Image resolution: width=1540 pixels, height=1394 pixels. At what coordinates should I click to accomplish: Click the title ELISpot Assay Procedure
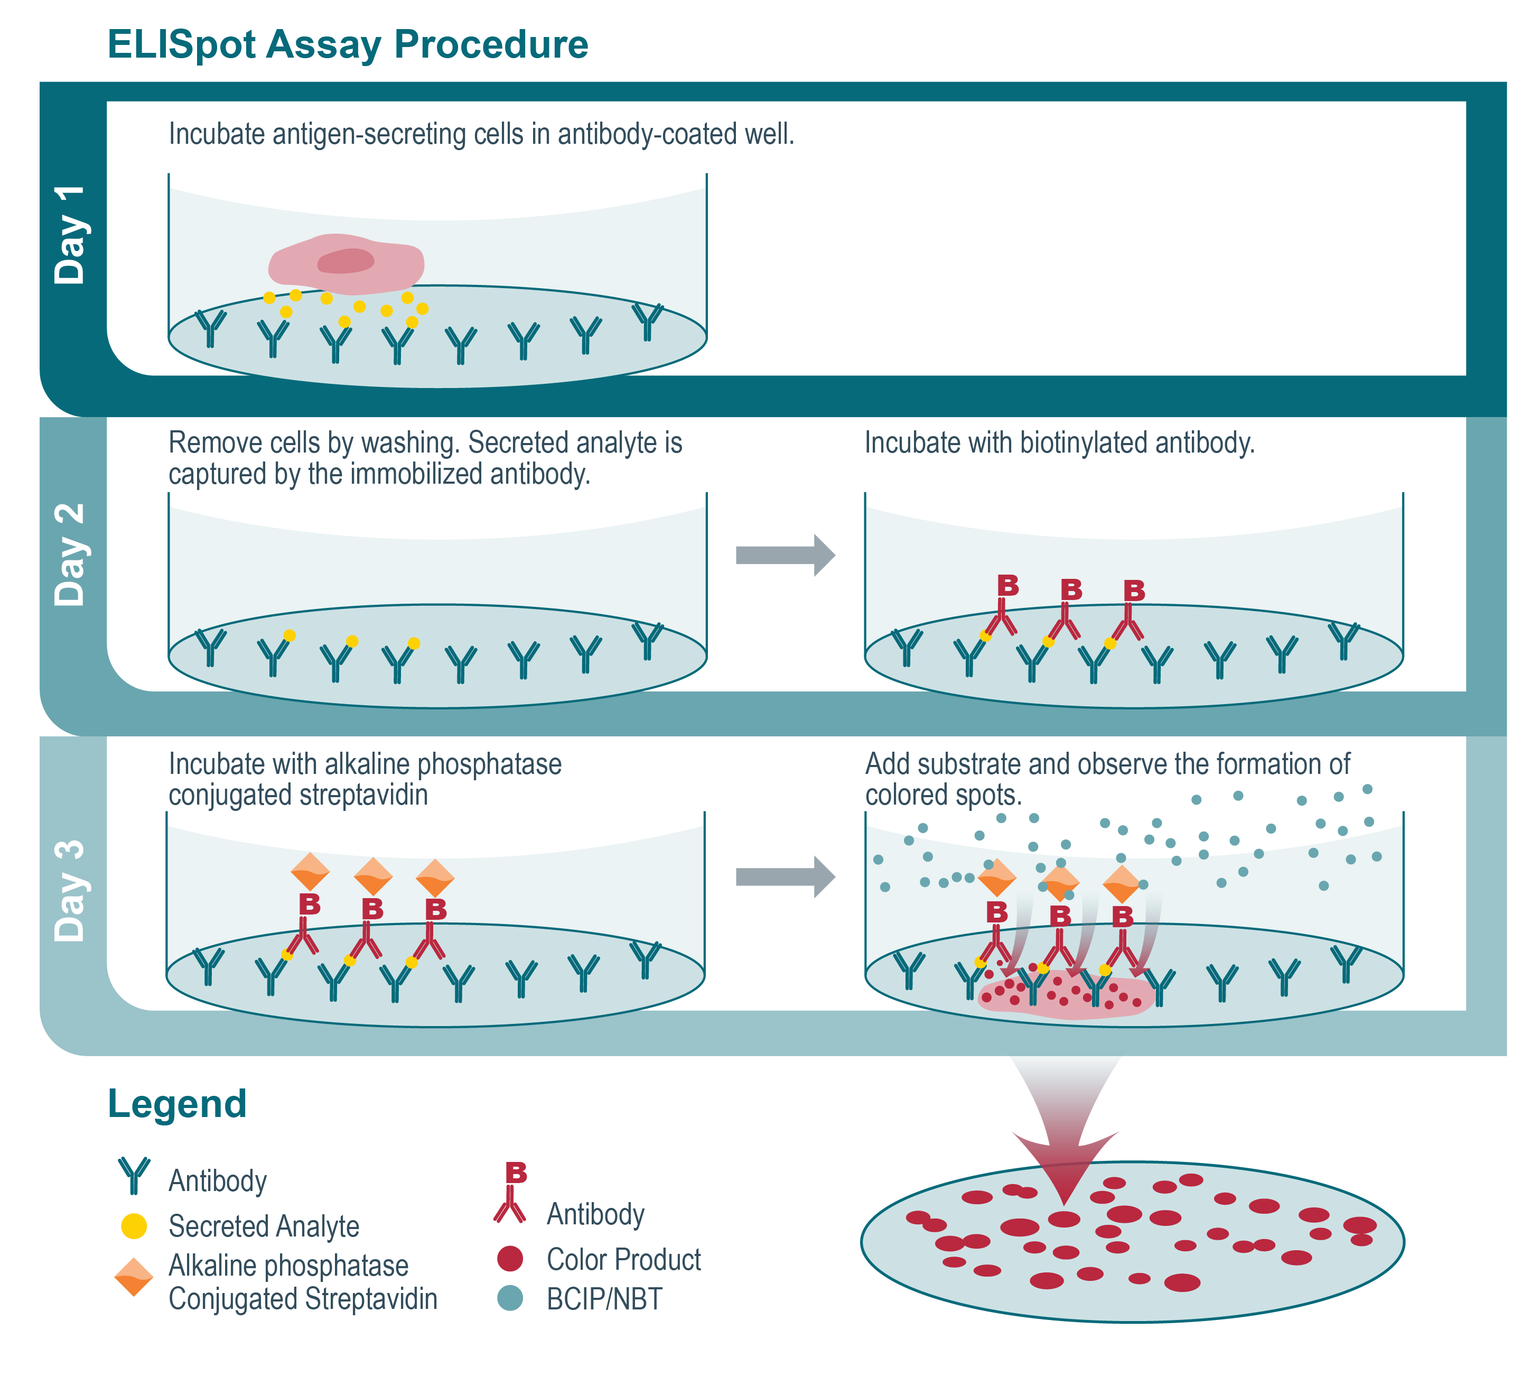coord(348,44)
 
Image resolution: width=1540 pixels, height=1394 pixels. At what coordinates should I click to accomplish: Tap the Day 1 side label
coord(70,235)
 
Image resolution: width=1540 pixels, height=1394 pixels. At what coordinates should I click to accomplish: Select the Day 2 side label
coord(70,555)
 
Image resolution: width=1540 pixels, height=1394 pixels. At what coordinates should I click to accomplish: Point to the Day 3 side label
coord(70,890)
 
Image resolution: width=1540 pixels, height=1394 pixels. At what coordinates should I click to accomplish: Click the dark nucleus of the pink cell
coord(346,261)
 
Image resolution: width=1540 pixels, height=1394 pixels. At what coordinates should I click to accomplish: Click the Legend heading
coord(177,1104)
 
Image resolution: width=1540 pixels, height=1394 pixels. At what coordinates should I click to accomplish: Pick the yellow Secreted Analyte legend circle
coord(134,1226)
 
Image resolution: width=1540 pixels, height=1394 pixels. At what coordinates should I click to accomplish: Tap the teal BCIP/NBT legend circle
coord(509,1298)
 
